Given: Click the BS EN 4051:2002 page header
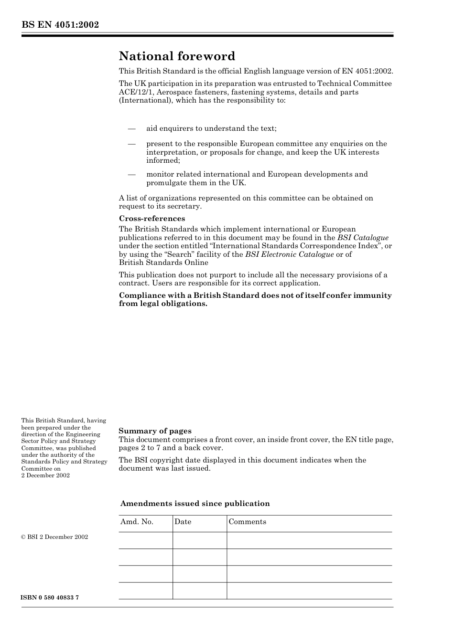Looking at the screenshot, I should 60,25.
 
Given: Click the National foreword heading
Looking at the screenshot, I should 177,56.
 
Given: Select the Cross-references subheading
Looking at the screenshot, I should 152,219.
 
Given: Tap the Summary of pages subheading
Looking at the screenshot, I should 155,431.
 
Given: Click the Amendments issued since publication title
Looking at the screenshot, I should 195,504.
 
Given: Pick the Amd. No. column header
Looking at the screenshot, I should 137,522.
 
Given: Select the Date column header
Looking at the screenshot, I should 183,522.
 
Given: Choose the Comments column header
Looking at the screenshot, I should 247,522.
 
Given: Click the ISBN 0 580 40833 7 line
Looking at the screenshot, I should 50,598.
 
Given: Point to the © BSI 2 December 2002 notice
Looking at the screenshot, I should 54,537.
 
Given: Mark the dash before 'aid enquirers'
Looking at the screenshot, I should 131,128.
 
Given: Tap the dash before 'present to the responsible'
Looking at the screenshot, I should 131,144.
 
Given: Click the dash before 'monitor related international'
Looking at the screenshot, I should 131,174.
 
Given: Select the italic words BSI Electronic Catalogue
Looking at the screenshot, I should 289,254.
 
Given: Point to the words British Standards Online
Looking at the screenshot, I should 163,263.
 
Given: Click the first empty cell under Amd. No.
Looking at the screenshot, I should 145,540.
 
